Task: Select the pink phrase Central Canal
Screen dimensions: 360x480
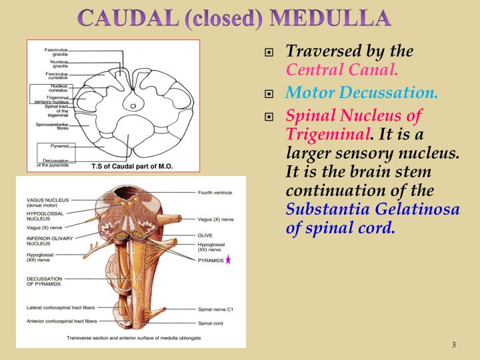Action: (343, 68)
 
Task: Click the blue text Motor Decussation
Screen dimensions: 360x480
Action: (362, 93)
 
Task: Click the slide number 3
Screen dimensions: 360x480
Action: (453, 345)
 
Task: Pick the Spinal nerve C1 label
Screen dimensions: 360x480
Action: (216, 309)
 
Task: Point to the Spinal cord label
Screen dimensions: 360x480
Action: (211, 323)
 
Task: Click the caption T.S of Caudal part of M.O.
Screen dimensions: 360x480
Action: (132, 166)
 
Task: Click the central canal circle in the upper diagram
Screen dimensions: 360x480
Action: (133, 106)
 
